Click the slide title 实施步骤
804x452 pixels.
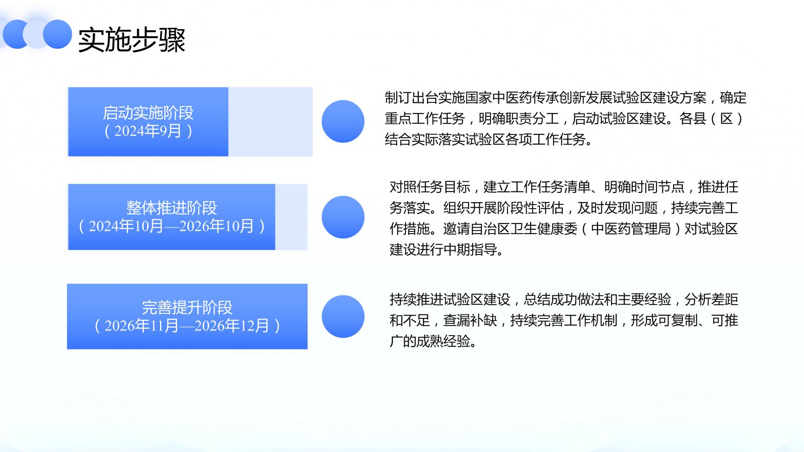[132, 40]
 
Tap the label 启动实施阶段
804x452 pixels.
[148, 113]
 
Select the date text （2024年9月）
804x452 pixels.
[148, 131]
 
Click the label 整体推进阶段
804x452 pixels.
[172, 208]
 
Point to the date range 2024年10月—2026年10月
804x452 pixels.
[172, 226]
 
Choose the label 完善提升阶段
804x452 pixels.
[187, 307]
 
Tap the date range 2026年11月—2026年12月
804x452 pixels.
[187, 326]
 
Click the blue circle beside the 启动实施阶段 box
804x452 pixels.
[343, 121]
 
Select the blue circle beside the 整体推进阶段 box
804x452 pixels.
[343, 217]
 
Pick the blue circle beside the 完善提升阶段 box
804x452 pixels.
[343, 317]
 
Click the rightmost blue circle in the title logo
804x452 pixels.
[58, 34]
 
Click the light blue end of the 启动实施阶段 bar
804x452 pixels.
[270, 122]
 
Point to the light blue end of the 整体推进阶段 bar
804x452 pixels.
[291, 217]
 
